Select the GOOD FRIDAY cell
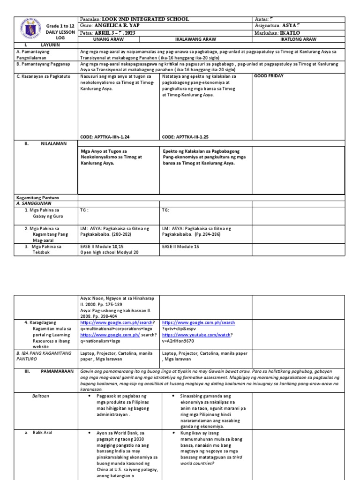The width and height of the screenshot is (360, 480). (269, 76)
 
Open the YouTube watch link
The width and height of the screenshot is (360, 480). (197, 336)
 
